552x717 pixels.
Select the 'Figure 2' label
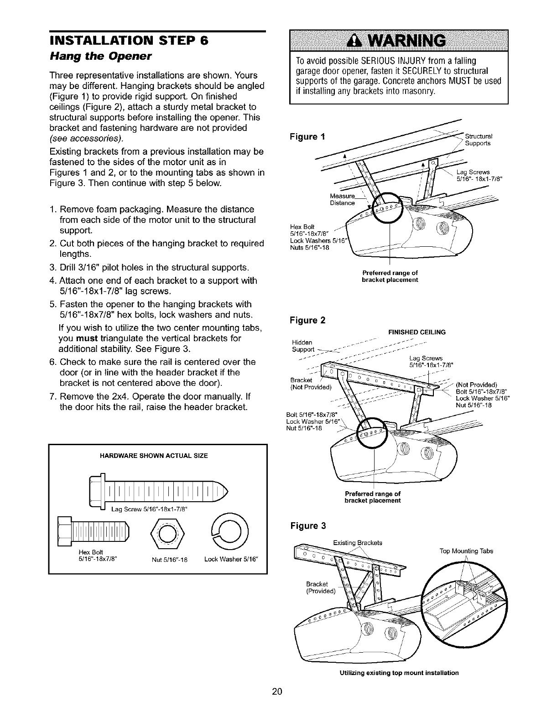point(308,320)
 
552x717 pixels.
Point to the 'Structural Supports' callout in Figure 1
point(477,140)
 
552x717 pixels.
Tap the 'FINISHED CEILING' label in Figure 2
point(417,332)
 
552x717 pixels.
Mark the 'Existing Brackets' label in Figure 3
point(358,542)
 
